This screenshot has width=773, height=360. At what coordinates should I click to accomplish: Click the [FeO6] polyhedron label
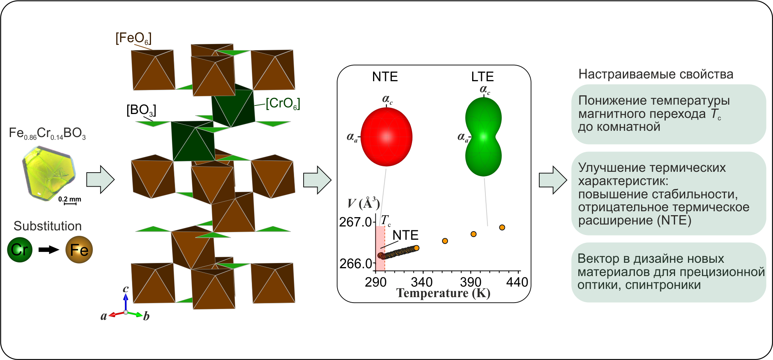[x=133, y=38]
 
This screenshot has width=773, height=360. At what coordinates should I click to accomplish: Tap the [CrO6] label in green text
[x=283, y=103]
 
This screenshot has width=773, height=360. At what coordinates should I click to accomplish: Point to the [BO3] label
[x=141, y=110]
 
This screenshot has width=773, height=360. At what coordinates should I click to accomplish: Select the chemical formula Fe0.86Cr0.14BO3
[x=47, y=134]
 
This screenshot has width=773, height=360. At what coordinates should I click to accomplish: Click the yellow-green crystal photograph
[x=49, y=173]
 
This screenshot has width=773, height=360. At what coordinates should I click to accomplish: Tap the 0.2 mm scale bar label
[x=70, y=199]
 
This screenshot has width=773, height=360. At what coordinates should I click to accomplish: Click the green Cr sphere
[x=20, y=250]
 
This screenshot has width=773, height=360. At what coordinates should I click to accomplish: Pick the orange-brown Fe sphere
[x=79, y=250]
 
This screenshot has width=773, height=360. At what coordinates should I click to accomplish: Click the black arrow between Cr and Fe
[x=49, y=250]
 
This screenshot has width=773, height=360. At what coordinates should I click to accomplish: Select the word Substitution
[x=48, y=226]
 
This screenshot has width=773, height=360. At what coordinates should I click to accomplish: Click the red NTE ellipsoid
[x=386, y=137]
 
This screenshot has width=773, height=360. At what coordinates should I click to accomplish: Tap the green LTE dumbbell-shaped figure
[x=483, y=137]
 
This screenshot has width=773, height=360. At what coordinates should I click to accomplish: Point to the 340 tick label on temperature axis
[x=422, y=282]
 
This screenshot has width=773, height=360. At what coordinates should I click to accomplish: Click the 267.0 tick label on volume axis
[x=355, y=222]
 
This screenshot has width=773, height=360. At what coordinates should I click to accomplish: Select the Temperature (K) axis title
[x=443, y=293]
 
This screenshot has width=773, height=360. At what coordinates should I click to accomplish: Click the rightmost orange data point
[x=502, y=227]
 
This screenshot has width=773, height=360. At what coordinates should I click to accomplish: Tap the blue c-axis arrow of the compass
[x=126, y=302]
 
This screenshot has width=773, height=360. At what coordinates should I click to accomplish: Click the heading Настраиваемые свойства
[x=656, y=74]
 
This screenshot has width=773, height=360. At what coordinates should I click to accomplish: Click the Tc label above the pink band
[x=386, y=221]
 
